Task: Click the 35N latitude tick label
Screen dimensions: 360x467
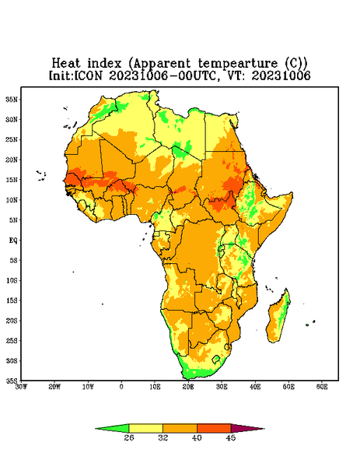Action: tap(12, 99)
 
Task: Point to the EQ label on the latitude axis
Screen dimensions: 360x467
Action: tap(12, 240)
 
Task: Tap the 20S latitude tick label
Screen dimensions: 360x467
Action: tap(12, 321)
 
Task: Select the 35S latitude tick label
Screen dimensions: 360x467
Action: tap(12, 381)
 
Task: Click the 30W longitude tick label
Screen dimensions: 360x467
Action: tap(21, 387)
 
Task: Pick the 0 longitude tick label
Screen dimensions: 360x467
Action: tap(121, 387)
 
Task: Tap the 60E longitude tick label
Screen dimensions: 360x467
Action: tap(322, 387)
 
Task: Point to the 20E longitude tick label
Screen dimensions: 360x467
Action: tap(188, 387)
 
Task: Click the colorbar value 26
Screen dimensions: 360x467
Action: tap(129, 437)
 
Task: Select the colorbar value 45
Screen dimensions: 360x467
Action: tap(231, 437)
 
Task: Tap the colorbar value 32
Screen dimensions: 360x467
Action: tap(163, 437)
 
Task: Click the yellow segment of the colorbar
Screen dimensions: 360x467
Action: tap(145, 428)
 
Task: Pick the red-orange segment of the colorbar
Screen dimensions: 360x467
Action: tap(214, 428)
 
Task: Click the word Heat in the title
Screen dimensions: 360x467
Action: tap(66, 64)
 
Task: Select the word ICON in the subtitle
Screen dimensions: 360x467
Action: tap(88, 75)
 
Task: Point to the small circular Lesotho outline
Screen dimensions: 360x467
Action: tap(216, 359)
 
